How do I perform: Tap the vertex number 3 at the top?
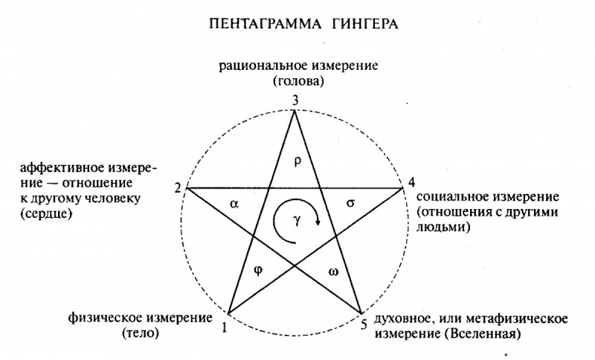click(x=295, y=100)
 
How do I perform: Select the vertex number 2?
click(x=178, y=187)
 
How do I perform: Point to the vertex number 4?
click(x=411, y=182)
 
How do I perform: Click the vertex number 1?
click(x=225, y=327)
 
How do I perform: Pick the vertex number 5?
click(x=364, y=325)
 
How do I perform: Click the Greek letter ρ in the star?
click(x=297, y=161)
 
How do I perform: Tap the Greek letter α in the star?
click(x=234, y=204)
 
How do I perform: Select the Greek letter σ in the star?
click(x=350, y=203)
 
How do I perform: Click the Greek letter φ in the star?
click(x=258, y=271)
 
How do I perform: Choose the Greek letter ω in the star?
click(x=334, y=271)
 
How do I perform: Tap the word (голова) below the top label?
click(x=298, y=82)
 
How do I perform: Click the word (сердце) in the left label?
click(x=46, y=213)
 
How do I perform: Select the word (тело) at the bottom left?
click(x=141, y=333)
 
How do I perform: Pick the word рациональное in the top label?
click(x=264, y=65)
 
